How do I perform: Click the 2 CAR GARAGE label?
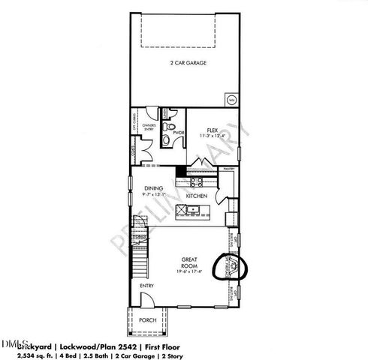(187, 64)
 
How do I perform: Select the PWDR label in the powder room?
(179, 133)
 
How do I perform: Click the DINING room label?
(155, 189)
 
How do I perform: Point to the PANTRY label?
(228, 170)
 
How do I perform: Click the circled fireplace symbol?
(231, 266)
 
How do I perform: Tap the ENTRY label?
(146, 285)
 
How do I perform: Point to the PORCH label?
(148, 320)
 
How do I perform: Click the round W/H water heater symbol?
(231, 98)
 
